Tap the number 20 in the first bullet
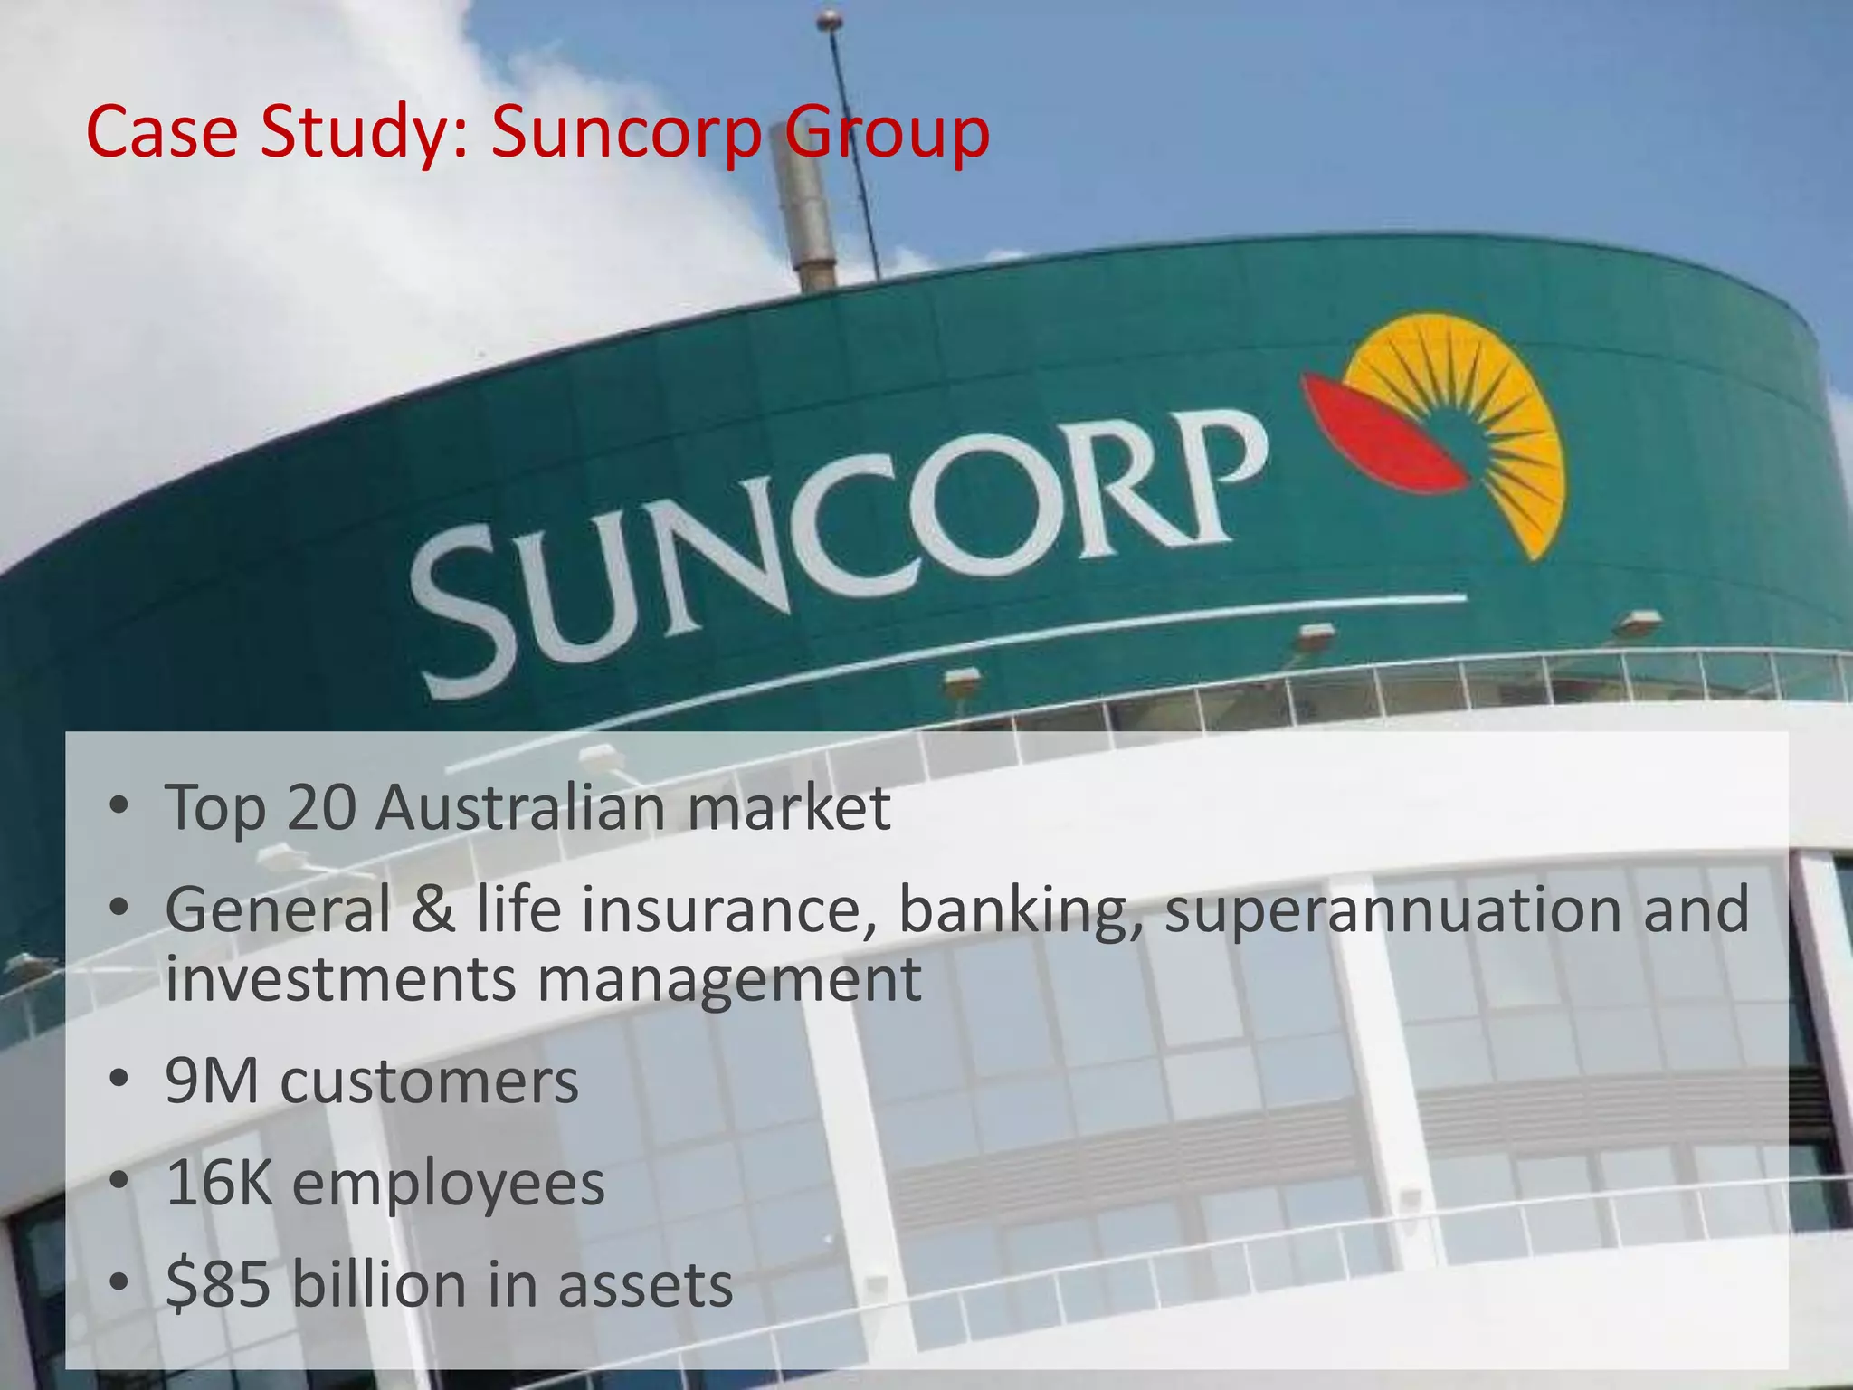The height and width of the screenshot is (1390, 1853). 321,807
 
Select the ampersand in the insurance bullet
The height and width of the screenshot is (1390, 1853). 433,909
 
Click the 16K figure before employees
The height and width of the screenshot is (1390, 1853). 219,1184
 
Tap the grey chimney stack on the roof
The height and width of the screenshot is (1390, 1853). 804,217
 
